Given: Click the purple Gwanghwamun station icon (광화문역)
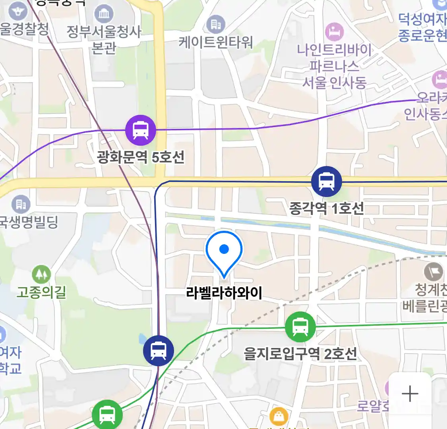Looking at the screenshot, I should [x=140, y=130].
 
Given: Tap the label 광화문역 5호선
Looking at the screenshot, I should [x=141, y=157].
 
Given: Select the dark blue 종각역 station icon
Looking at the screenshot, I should [x=326, y=181].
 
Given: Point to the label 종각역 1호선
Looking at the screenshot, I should [x=326, y=208].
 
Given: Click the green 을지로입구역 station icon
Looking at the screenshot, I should [x=300, y=327].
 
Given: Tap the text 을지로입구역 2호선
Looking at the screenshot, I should [x=300, y=354].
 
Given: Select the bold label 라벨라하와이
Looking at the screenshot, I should [x=224, y=293].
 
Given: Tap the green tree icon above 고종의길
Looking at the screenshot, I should [x=41, y=274].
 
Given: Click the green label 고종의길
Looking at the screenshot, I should [x=41, y=293].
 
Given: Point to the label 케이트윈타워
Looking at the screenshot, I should [x=215, y=42].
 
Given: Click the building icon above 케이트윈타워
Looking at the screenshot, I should [x=216, y=25].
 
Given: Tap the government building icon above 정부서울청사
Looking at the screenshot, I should [x=104, y=14].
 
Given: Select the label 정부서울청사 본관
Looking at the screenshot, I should [x=104, y=39].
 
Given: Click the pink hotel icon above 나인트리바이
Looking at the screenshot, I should [x=334, y=32].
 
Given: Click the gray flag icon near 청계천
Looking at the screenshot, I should [x=433, y=272].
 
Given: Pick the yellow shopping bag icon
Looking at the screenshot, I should [x=279, y=417].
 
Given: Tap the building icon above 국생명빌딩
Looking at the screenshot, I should [x=21, y=204].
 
